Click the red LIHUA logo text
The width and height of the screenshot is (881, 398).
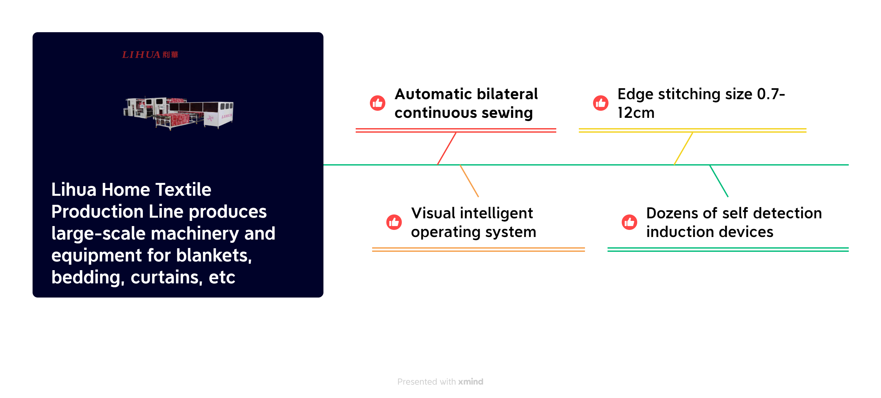pos(150,55)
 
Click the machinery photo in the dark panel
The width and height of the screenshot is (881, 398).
pos(178,113)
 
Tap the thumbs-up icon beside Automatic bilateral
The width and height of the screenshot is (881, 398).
pos(378,103)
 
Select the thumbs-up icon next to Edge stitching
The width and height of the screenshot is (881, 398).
pos(600,103)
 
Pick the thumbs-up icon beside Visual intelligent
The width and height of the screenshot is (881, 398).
pos(394,222)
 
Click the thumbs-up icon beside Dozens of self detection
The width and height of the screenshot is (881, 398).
pos(629,222)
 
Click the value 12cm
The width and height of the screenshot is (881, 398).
pos(636,113)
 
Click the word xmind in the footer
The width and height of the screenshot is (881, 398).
pos(470,382)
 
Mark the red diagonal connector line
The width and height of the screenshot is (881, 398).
pos(447,148)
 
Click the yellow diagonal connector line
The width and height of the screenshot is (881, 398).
pos(683,148)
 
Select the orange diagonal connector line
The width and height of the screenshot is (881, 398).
pos(469,181)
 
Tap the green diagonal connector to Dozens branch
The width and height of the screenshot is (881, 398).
pos(719,181)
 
